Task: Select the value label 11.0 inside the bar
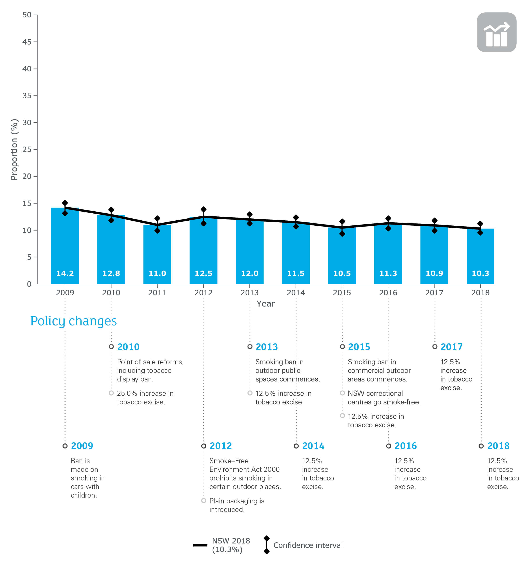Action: tap(157, 273)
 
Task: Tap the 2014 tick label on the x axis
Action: tap(296, 292)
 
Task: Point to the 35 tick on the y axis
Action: tap(27, 96)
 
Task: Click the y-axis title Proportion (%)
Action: tap(14, 149)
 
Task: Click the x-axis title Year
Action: tap(265, 304)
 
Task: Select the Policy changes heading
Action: tap(74, 321)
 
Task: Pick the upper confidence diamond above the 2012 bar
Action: tap(203, 209)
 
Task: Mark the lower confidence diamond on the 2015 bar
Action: tap(342, 234)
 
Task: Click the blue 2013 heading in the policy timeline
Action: tap(266, 347)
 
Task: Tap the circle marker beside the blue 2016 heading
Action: tap(388, 446)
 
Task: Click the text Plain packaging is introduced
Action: tap(237, 505)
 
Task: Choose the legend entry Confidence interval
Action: tap(308, 545)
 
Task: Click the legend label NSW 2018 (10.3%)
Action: tap(231, 545)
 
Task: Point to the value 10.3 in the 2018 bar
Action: tap(480, 273)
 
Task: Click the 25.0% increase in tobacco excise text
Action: tap(145, 398)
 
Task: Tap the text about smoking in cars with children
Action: tap(87, 478)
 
